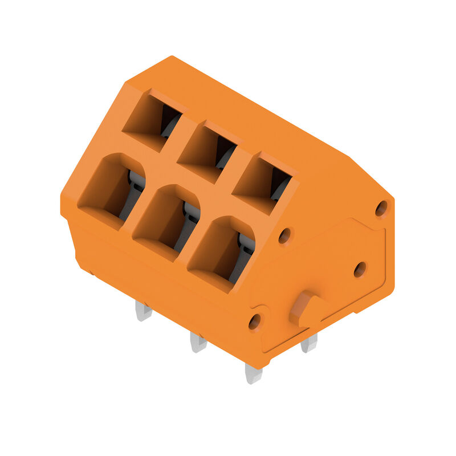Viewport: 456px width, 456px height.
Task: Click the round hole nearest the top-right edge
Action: [381, 208]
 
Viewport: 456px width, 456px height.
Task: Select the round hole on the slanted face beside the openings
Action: [284, 235]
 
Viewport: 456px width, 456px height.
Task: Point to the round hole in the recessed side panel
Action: [360, 269]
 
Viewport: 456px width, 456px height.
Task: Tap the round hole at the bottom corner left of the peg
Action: [255, 321]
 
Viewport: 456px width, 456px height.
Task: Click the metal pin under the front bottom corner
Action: [253, 374]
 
